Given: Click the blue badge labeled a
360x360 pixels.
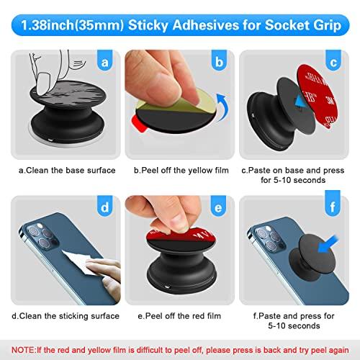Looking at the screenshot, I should (105, 63).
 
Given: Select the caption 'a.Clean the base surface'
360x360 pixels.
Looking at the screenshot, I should (68, 170).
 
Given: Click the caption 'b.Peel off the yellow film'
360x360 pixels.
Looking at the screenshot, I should (180, 170).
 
